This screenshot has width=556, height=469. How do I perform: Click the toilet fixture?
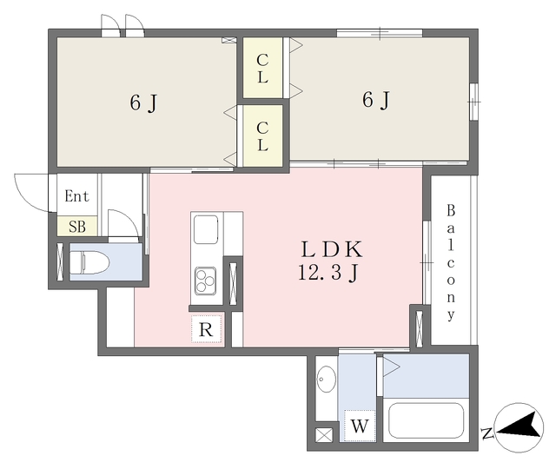[x=89, y=262]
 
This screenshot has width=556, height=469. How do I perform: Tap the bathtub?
[x=426, y=420]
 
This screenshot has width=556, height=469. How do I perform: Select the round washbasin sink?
[x=327, y=379]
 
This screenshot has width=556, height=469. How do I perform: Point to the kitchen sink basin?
[x=206, y=229]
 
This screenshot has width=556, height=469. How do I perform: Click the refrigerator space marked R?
[x=206, y=329]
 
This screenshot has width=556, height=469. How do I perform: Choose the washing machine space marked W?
[x=360, y=426]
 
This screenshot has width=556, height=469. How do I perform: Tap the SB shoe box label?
[x=77, y=227]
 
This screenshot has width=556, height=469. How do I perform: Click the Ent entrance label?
[x=76, y=195]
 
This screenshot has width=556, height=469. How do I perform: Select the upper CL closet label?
[x=262, y=69]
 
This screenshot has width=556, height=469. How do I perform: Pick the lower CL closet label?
[x=262, y=136]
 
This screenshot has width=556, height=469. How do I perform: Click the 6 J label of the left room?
[x=143, y=103]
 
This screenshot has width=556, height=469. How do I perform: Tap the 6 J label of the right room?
[x=376, y=100]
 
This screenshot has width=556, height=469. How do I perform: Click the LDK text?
[x=332, y=249]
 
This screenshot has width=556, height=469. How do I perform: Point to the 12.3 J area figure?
[x=328, y=273]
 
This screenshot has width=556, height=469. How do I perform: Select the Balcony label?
[x=451, y=262]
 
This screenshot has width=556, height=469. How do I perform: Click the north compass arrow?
[x=519, y=426]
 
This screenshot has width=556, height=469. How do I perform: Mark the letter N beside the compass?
[x=487, y=433]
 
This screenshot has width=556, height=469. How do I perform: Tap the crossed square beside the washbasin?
[x=324, y=435]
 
